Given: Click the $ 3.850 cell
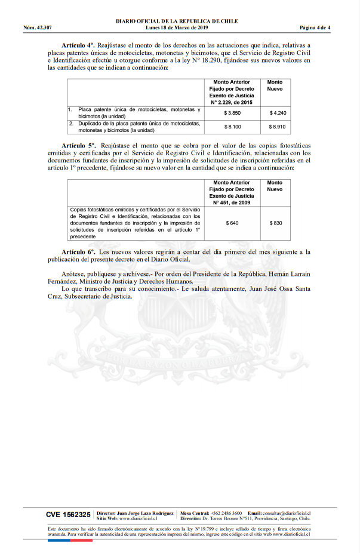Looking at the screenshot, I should click(x=232, y=112).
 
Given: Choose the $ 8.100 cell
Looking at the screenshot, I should click(x=232, y=127).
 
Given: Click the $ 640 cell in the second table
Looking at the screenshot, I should click(x=232, y=223).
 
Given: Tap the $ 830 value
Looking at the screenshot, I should click(x=275, y=223).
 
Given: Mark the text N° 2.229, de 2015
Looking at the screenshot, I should click(x=232, y=102).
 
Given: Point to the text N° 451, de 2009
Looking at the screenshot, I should click(x=232, y=202).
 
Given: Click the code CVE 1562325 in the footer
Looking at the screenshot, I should click(x=68, y=514).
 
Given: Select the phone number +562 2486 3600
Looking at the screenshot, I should click(x=226, y=513).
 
